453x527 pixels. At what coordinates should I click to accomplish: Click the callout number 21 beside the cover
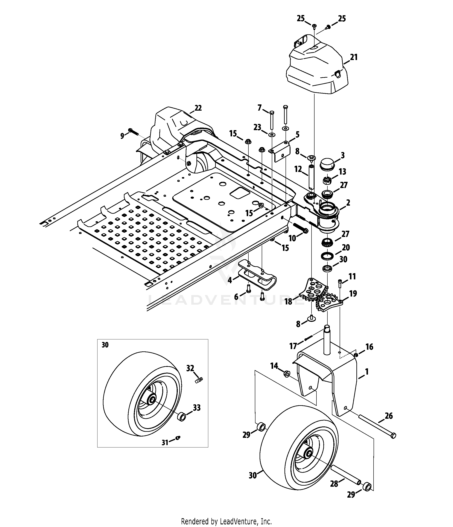point(354,57)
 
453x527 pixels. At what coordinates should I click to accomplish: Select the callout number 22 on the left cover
point(198,108)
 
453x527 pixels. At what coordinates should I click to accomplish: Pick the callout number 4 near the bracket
point(230,280)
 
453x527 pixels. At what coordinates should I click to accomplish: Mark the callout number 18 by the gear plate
point(288,302)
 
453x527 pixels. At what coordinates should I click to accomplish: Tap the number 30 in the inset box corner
point(105,345)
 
